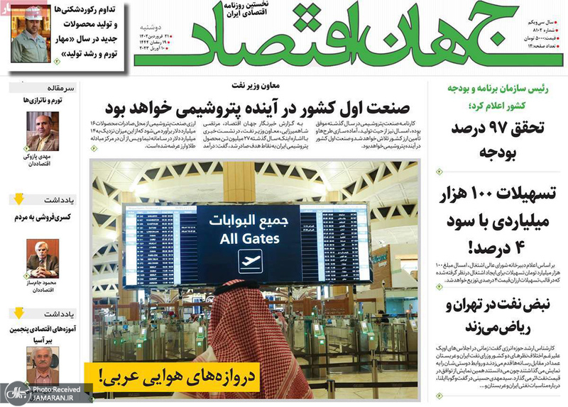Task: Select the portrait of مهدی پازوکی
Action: point(43,130)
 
